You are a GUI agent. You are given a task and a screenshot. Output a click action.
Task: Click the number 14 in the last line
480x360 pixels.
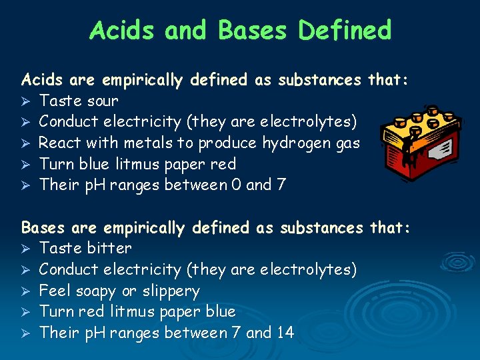pyautogui.click(x=284, y=333)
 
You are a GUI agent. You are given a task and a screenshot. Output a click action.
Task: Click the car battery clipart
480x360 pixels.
pyautogui.click(x=409, y=142)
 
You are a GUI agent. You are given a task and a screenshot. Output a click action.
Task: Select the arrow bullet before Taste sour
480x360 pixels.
pyautogui.click(x=26, y=101)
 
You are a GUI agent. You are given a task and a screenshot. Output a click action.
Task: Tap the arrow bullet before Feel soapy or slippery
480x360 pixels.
pyautogui.click(x=26, y=291)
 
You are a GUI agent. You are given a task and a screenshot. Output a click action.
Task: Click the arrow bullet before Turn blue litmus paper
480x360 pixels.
pyautogui.click(x=26, y=164)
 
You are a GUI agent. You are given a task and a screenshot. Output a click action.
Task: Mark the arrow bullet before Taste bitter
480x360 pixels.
pyautogui.click(x=26, y=249)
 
